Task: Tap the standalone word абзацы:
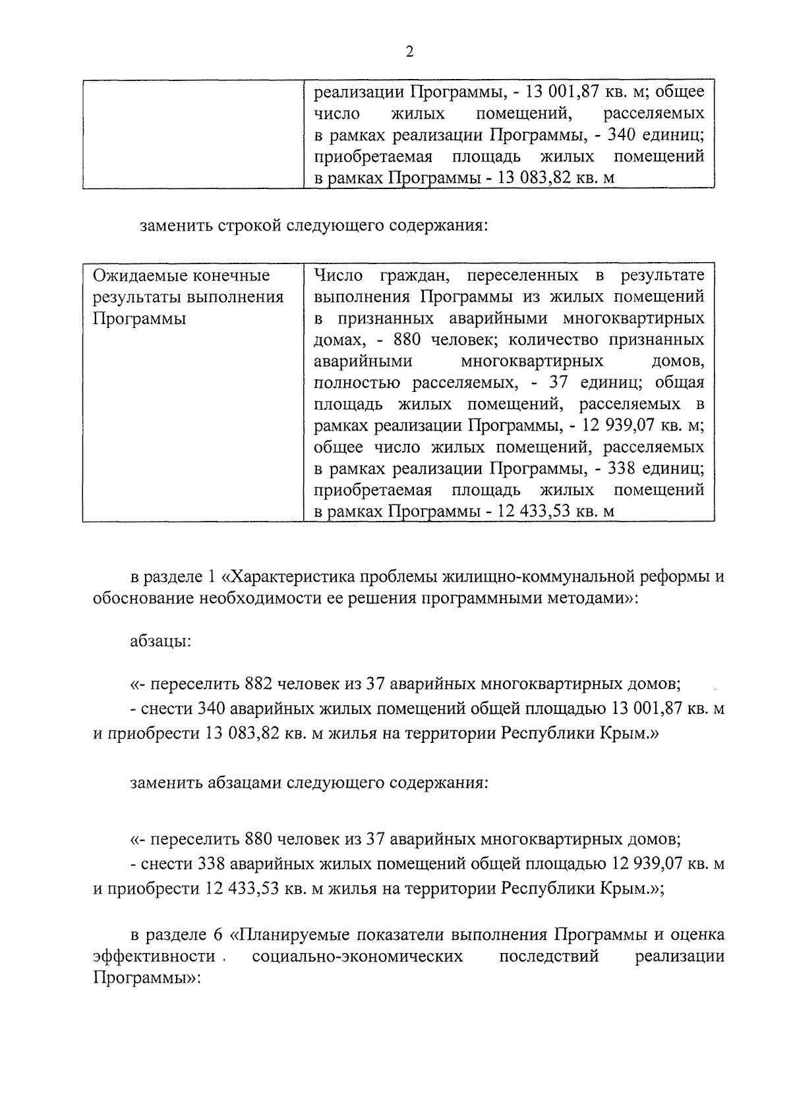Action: click(x=161, y=640)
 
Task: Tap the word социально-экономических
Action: click(x=357, y=956)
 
